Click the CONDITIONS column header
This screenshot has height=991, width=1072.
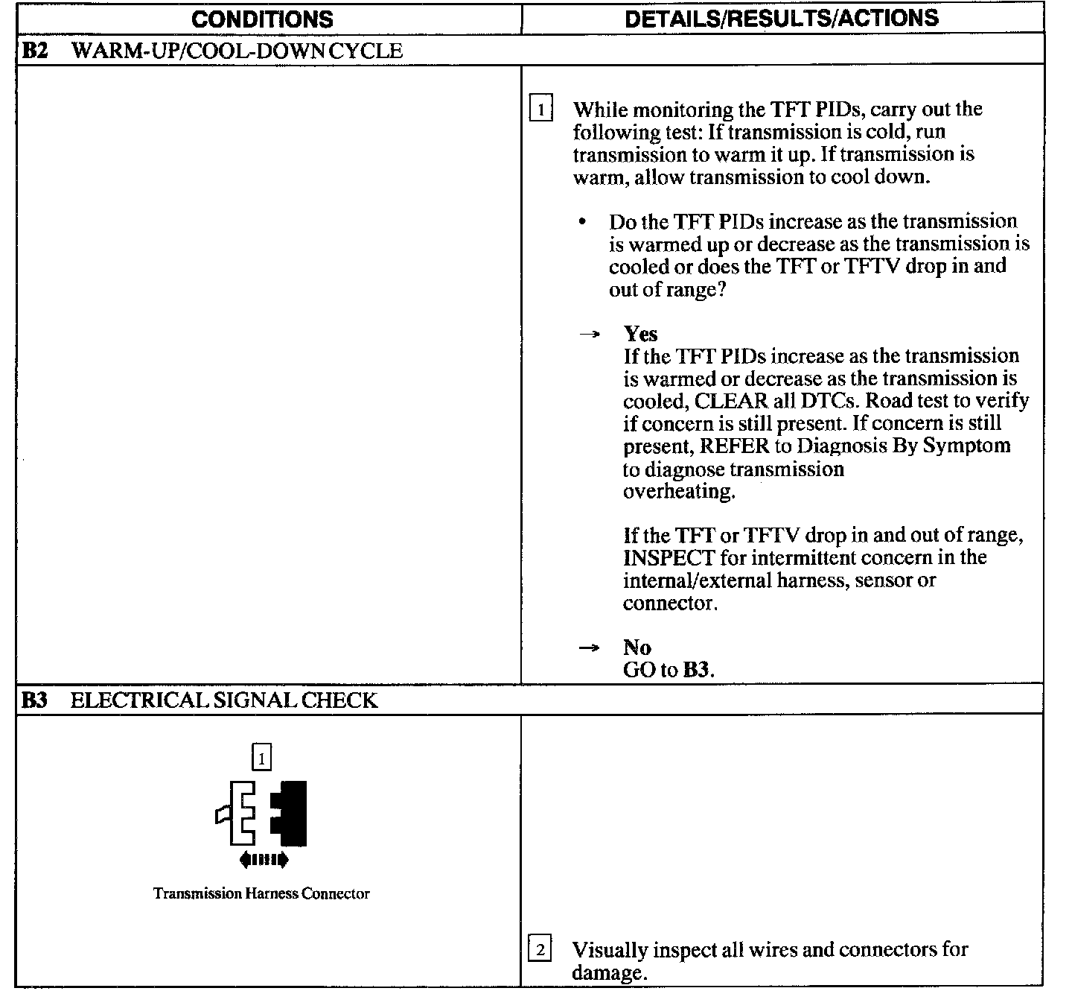262,19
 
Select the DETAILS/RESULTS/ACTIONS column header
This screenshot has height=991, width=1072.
782,18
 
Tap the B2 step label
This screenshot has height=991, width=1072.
34,51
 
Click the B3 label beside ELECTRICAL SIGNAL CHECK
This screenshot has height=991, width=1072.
34,700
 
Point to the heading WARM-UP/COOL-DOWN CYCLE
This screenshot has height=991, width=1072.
237,51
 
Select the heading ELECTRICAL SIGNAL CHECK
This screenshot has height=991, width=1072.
224,700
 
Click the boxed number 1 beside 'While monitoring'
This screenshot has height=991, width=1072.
540,111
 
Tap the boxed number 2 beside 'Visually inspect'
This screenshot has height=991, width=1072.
540,951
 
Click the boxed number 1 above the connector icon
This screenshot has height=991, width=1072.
261,759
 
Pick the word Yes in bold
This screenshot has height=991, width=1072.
640,333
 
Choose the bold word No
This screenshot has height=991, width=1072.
636,647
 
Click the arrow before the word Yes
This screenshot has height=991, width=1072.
589,335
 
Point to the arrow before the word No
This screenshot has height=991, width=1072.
589,648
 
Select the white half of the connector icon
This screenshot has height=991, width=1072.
240,814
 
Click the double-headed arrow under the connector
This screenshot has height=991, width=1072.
264,861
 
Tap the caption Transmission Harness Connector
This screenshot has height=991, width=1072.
261,893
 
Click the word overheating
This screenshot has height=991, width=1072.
678,492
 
